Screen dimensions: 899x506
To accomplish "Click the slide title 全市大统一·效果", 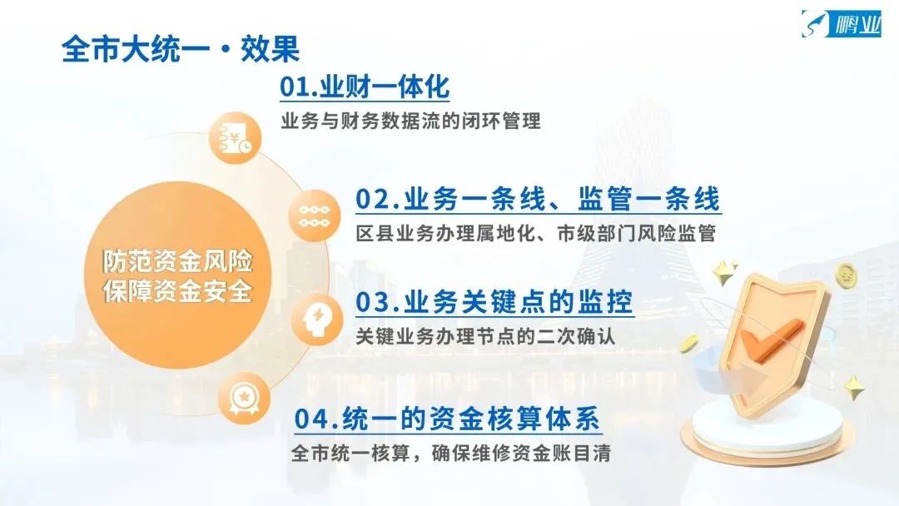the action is [181, 48].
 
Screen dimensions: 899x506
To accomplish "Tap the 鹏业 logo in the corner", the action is [841, 24].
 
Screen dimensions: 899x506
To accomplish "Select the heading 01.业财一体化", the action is [365, 87].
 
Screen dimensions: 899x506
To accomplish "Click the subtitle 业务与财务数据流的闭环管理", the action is [410, 122].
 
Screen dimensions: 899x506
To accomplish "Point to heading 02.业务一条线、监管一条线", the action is [538, 200].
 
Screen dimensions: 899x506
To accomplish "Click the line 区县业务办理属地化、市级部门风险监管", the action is [535, 234].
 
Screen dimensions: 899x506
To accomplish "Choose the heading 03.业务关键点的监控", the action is [494, 302].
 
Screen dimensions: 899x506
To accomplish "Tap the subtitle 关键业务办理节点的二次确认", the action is [485, 335].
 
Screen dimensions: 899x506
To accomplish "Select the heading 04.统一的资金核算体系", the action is [447, 419].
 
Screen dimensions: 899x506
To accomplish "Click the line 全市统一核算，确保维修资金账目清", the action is [450, 454].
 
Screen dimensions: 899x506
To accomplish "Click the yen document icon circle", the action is [235, 139].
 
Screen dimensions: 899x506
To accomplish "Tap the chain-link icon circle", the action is [314, 216].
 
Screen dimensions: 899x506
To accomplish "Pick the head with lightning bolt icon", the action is [316, 320].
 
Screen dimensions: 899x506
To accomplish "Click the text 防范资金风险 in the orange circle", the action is [178, 261].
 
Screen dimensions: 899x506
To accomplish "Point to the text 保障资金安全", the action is [178, 291].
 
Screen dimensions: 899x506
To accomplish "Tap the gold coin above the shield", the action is [845, 275].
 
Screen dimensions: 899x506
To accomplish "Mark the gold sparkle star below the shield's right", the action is [854, 387].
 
